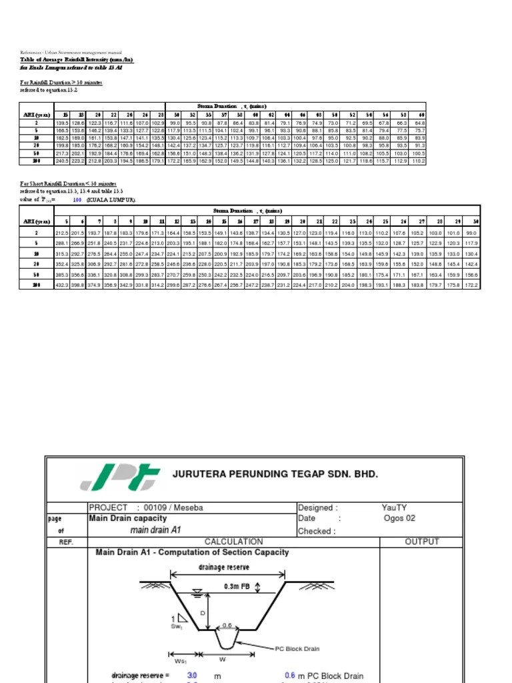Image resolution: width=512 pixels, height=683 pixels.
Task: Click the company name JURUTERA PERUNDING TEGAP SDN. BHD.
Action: click(x=275, y=474)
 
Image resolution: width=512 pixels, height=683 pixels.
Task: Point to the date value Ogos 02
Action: click(x=400, y=518)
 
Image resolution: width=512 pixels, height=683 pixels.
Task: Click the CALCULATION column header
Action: click(x=233, y=542)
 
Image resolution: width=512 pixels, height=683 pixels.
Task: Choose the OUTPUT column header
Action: click(x=422, y=542)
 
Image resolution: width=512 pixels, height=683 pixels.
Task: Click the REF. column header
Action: click(x=66, y=542)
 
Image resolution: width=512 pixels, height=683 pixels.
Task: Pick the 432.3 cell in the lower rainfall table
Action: click(x=62, y=285)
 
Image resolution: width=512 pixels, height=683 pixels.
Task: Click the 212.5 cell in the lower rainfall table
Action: click(x=62, y=233)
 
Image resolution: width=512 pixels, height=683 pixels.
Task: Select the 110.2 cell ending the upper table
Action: click(x=418, y=161)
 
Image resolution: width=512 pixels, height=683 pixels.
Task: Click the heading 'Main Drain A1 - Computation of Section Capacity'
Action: click(x=192, y=552)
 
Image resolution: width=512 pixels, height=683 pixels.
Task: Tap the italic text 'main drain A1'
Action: click(x=156, y=530)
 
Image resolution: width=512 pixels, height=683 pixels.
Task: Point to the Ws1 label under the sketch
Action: click(x=180, y=662)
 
